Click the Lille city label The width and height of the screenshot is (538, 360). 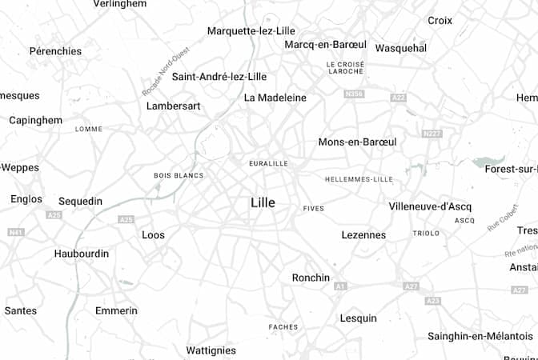(263, 203)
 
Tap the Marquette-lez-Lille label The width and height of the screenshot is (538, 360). (251, 31)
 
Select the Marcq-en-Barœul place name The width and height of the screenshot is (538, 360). (325, 44)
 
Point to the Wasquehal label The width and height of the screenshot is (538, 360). (401, 48)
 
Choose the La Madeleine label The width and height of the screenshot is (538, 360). (275, 98)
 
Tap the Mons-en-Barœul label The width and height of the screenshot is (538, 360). (357, 142)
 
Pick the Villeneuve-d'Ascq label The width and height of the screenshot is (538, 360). (430, 206)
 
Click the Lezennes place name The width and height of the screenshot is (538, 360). (363, 235)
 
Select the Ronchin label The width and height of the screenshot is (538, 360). (311, 278)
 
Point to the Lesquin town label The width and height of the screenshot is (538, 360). (358, 318)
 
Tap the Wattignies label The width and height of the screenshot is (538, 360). (211, 350)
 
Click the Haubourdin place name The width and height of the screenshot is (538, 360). (81, 254)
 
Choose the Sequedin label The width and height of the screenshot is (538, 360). (80, 201)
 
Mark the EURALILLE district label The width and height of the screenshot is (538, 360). (268, 163)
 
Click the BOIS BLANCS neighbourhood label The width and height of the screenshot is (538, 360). (179, 175)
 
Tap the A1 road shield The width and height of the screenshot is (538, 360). (340, 286)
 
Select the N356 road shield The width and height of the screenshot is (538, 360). (353, 94)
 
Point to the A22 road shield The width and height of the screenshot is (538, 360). (399, 98)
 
